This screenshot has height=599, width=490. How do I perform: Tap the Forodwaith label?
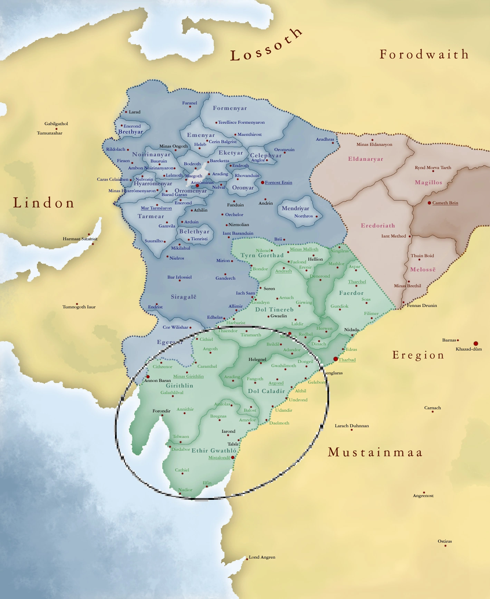(x=424, y=54)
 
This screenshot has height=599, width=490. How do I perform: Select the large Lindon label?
(x=44, y=203)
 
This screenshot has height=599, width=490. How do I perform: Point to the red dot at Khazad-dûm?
(x=475, y=343)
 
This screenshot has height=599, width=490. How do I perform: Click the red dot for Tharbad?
(x=335, y=359)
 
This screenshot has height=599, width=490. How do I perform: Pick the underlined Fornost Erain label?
(x=278, y=182)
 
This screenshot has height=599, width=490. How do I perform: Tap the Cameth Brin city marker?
(x=429, y=203)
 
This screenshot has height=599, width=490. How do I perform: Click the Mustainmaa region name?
(x=375, y=452)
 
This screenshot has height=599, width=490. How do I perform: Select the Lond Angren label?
(x=262, y=557)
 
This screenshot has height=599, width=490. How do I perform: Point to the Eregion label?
(x=418, y=355)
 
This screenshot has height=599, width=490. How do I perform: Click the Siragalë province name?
(x=183, y=297)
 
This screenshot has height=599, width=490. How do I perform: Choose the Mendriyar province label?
(x=295, y=208)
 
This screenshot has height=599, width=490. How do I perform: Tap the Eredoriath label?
(x=378, y=226)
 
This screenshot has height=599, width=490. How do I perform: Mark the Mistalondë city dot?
(x=233, y=457)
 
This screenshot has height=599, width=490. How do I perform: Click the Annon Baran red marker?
(x=148, y=376)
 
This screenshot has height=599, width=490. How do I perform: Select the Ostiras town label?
(x=444, y=541)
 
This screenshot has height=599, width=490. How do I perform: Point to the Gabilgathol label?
(x=56, y=124)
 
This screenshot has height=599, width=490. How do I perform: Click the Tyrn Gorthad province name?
(x=262, y=255)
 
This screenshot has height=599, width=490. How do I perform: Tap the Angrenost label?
(x=423, y=496)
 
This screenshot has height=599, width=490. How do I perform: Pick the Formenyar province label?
(x=230, y=108)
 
